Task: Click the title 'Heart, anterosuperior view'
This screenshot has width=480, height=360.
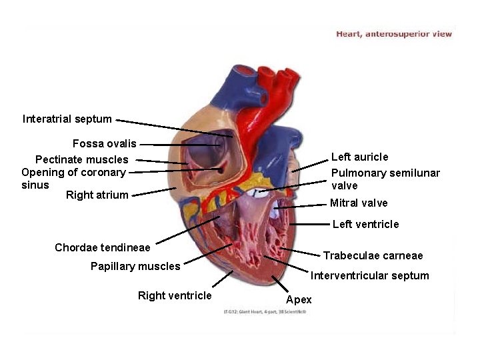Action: (x=394, y=33)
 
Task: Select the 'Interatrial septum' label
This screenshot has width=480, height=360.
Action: (x=67, y=119)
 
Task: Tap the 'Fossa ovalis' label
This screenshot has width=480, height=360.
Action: (x=104, y=143)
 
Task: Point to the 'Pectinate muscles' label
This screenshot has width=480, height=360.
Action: (x=81, y=159)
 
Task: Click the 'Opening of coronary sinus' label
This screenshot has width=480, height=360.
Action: (x=73, y=173)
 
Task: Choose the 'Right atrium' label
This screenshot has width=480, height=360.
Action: (x=97, y=195)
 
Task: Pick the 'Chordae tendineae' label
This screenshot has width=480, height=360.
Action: (x=103, y=248)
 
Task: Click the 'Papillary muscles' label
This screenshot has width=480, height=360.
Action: (x=135, y=267)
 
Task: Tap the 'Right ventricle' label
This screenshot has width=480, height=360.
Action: (x=175, y=295)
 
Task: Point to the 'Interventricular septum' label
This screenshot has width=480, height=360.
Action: (x=370, y=275)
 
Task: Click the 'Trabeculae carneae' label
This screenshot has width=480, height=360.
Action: (x=373, y=255)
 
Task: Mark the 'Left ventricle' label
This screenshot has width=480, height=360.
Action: (x=365, y=224)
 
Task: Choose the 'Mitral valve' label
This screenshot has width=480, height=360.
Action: (x=359, y=203)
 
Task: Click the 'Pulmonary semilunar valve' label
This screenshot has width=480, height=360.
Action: (x=385, y=179)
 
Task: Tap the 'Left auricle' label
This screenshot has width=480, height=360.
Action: (x=359, y=157)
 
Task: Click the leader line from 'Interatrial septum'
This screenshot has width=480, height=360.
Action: (x=173, y=128)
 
